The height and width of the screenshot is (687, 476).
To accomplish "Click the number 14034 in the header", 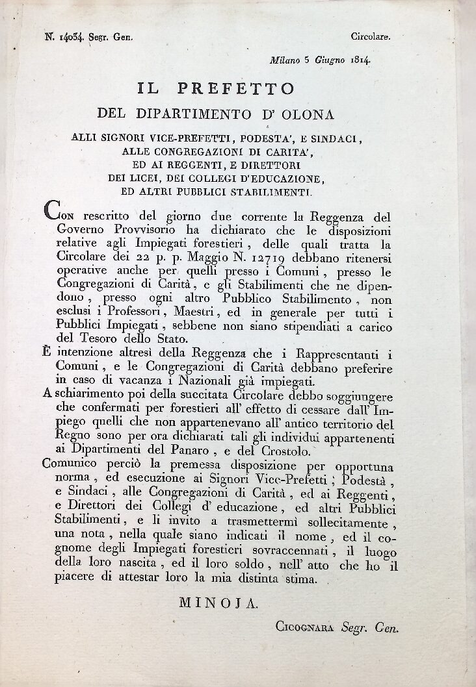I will pyautogui.click(x=65, y=38).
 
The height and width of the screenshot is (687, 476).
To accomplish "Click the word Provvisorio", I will pyautogui.click(x=133, y=231).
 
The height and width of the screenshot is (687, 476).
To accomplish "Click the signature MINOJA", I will pyautogui.click(x=218, y=603).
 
